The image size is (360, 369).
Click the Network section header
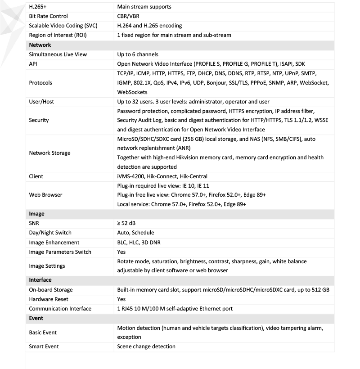point(40,45)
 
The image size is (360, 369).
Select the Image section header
point(37,214)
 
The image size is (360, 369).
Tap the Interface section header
point(40,280)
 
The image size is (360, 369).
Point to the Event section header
point(36,318)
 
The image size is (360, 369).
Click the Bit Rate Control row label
point(48,16)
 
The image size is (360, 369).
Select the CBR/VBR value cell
point(128,16)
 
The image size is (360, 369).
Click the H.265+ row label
point(38,7)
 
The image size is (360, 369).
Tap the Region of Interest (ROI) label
point(58,35)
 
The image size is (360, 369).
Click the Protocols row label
point(40,83)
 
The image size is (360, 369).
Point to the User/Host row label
point(41,102)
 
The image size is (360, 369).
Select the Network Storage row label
point(50,153)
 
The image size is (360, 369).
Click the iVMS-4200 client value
point(162,176)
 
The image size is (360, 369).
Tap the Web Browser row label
point(46,195)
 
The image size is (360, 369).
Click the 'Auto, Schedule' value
point(135,233)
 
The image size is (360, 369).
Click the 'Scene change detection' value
point(146,346)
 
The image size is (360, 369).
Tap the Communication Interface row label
point(60,309)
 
